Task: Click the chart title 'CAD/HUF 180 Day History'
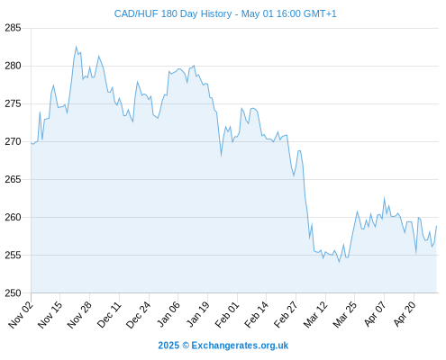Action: (173, 13)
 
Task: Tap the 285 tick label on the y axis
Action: (13, 28)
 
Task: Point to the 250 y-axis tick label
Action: (13, 293)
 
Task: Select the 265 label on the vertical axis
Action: (13, 179)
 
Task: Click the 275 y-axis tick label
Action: (13, 103)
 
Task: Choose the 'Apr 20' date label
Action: (405, 314)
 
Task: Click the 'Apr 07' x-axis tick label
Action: (374, 314)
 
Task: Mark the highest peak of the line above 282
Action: (76, 47)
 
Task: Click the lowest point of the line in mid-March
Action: (339, 262)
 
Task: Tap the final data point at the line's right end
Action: (436, 226)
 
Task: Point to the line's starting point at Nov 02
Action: (31, 143)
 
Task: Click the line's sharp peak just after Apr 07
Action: (384, 198)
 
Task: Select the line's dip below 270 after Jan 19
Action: (222, 156)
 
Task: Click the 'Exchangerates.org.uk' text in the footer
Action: (240, 346)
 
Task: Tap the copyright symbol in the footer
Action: (186, 346)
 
